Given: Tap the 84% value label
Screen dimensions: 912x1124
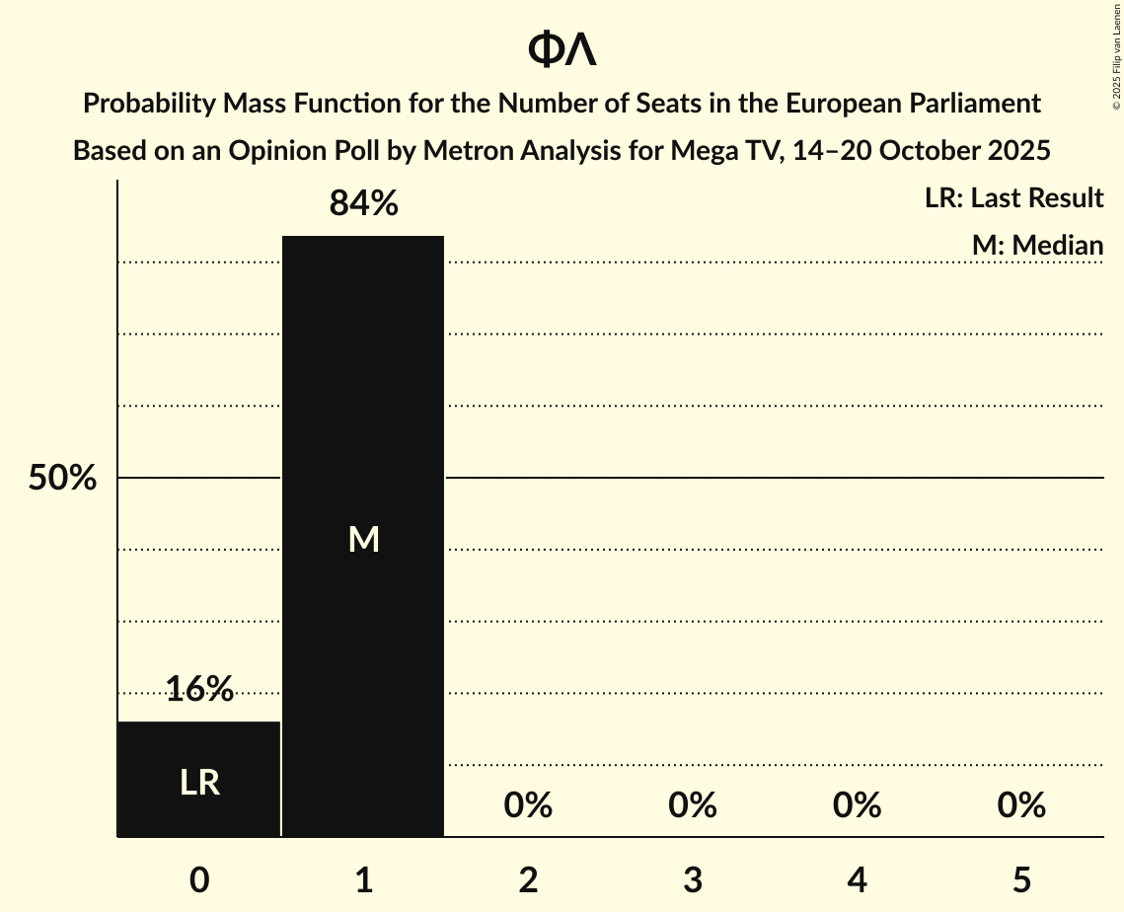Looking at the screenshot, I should click(363, 204).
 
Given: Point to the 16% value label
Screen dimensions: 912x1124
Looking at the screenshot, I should click(199, 689).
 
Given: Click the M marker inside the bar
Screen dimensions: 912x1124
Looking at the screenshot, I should click(363, 539).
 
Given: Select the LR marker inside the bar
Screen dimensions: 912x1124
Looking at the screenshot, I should click(199, 783).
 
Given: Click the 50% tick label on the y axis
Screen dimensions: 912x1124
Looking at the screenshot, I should click(62, 479).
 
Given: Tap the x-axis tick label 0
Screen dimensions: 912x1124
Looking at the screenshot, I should click(199, 880).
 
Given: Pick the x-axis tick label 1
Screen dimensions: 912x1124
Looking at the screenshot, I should click(363, 880).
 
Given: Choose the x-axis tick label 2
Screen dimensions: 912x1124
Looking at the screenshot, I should click(528, 880).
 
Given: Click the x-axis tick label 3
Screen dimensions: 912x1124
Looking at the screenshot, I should click(692, 880).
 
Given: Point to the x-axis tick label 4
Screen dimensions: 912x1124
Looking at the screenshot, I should click(857, 880).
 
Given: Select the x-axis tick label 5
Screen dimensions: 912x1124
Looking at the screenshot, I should click(1020, 880).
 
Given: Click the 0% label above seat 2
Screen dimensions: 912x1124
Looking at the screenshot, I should click(528, 806).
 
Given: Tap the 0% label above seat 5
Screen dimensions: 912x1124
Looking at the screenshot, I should click(1020, 806).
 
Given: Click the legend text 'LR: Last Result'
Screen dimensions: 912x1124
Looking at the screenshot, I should click(1013, 198).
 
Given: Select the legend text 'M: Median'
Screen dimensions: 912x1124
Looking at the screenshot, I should click(1037, 245).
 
